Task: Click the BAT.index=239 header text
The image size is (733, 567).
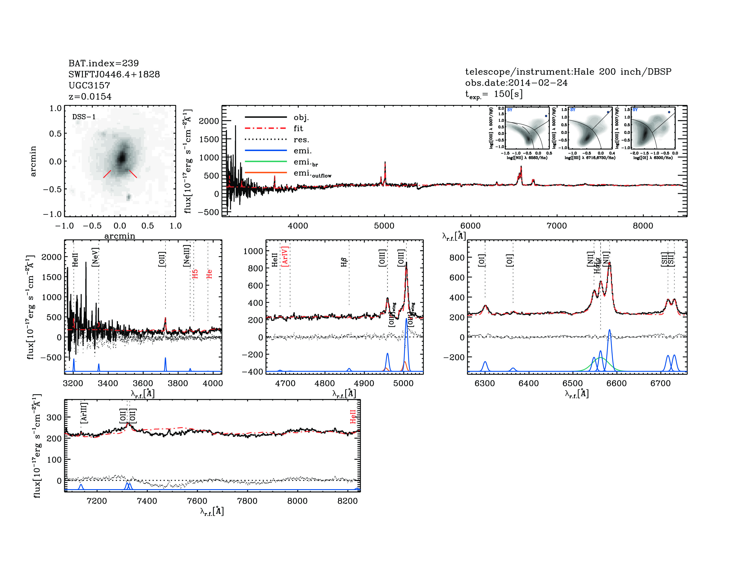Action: pyautogui.click(x=103, y=63)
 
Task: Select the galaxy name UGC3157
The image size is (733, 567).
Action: pyautogui.click(x=89, y=85)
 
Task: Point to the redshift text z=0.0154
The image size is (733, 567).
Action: pyautogui.click(x=90, y=97)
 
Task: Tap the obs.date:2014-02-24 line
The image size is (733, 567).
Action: pyautogui.click(x=516, y=83)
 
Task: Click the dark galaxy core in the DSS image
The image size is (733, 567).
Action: pyautogui.click(x=122, y=157)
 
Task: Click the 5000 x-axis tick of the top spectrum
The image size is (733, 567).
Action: pyautogui.click(x=384, y=225)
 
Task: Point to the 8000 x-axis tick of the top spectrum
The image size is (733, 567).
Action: pyautogui.click(x=643, y=225)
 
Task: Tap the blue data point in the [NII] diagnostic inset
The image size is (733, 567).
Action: pyautogui.click(x=546, y=116)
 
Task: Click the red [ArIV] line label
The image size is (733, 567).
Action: pyautogui.click(x=285, y=257)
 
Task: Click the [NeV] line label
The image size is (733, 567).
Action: pyautogui.click(x=95, y=257)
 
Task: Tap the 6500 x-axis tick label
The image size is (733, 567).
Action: pyautogui.click(x=573, y=383)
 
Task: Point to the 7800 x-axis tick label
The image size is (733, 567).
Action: pyautogui.click(x=247, y=501)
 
